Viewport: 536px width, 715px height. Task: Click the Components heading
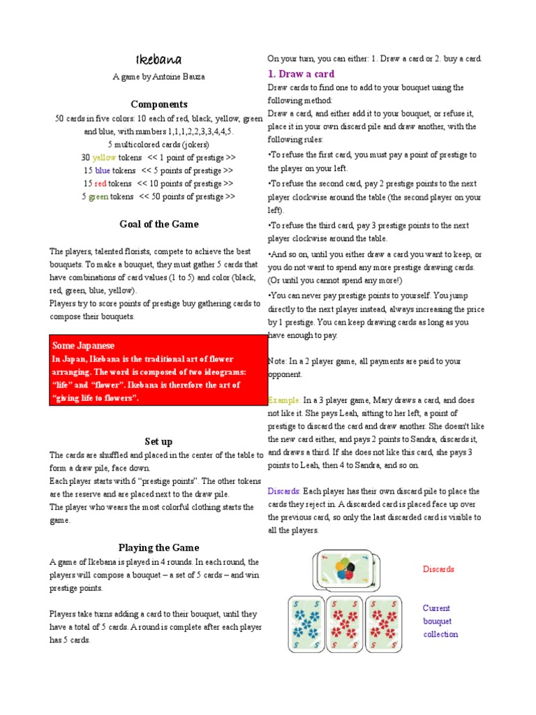click(159, 104)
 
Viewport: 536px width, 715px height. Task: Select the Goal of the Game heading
click(158, 224)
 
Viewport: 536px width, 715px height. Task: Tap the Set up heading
click(158, 441)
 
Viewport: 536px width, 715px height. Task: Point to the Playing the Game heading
click(158, 547)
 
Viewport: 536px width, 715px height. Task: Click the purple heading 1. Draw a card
click(301, 73)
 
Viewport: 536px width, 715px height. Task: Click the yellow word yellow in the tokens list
click(104, 158)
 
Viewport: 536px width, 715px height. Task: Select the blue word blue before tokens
click(103, 170)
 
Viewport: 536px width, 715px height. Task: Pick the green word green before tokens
click(96, 197)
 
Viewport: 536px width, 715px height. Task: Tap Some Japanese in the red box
click(83, 346)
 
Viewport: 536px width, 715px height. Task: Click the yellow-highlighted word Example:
click(284, 401)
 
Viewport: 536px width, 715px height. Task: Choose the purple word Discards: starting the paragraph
click(284, 492)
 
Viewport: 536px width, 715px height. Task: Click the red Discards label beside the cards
click(438, 569)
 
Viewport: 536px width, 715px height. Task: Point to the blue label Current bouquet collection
click(440, 621)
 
